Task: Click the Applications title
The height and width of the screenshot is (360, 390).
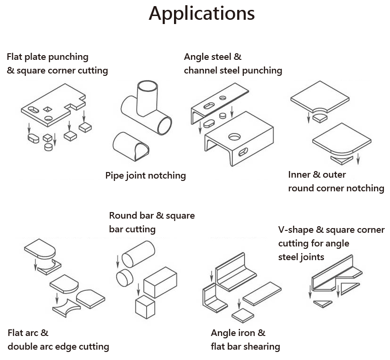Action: point(201,13)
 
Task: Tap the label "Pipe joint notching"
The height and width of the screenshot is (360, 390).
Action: point(145,176)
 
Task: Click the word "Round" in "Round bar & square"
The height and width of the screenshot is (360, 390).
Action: point(124,216)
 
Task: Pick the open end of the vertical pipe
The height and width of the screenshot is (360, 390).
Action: point(147,87)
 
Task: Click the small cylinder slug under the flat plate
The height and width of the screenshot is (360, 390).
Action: point(48,147)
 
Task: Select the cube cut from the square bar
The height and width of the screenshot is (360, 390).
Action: point(145,308)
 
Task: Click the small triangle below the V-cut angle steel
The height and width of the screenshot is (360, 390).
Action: point(323,303)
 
